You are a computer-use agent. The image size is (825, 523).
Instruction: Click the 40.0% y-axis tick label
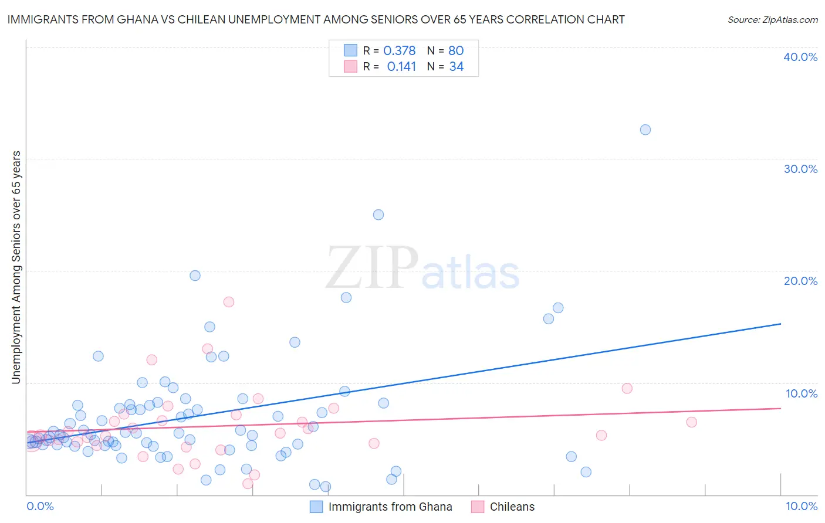(x=800, y=57)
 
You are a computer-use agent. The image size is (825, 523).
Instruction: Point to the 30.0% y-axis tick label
(x=800, y=169)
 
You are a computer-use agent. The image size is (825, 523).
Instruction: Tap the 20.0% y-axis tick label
(x=800, y=281)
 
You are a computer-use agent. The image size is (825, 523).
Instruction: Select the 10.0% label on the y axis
(x=801, y=393)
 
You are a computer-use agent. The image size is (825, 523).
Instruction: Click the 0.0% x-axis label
(x=40, y=506)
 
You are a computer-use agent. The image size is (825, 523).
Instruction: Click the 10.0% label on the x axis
(x=801, y=506)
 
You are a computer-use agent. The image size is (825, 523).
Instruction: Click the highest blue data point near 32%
(x=645, y=130)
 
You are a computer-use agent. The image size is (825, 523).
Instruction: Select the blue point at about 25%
(x=378, y=215)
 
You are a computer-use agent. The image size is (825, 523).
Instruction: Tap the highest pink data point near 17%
(x=229, y=302)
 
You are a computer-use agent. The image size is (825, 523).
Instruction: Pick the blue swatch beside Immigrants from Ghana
(x=316, y=507)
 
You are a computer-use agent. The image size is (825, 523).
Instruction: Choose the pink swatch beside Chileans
(x=478, y=507)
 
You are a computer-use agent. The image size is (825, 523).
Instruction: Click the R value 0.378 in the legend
(x=399, y=51)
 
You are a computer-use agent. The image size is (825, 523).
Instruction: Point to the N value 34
(x=457, y=67)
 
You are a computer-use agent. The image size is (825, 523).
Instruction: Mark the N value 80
(x=456, y=51)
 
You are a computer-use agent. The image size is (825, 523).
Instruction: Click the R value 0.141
(x=401, y=67)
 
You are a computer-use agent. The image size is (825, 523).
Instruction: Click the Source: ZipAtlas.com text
(x=772, y=19)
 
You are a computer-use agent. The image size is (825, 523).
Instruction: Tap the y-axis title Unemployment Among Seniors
(x=16, y=267)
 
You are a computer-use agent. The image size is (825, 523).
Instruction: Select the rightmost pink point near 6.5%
(x=691, y=422)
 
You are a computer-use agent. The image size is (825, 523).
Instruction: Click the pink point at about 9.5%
(x=627, y=388)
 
